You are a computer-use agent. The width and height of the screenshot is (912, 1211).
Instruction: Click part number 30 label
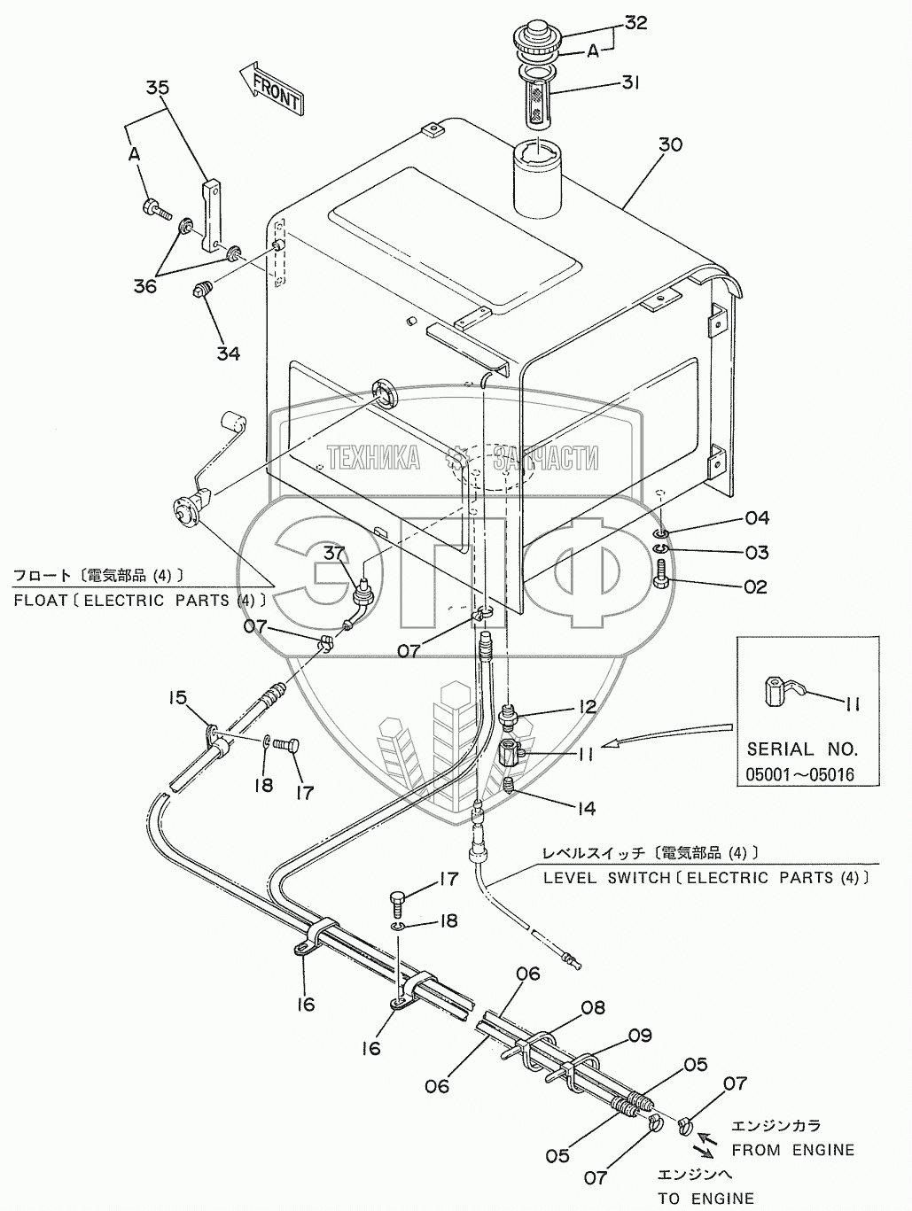(x=670, y=144)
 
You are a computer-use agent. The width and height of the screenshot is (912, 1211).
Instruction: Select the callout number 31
(x=630, y=83)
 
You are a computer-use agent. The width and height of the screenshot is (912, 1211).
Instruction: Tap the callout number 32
(x=635, y=24)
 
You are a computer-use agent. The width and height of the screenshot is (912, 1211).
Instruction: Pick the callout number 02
(x=755, y=587)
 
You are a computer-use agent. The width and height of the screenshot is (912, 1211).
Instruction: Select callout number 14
(x=584, y=808)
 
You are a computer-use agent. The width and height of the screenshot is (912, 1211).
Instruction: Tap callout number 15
(x=178, y=698)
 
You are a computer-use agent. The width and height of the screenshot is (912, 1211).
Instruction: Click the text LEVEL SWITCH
(x=610, y=878)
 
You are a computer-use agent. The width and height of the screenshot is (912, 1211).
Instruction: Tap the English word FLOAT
(x=43, y=601)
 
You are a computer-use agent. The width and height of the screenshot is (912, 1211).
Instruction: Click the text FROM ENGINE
(x=793, y=1150)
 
